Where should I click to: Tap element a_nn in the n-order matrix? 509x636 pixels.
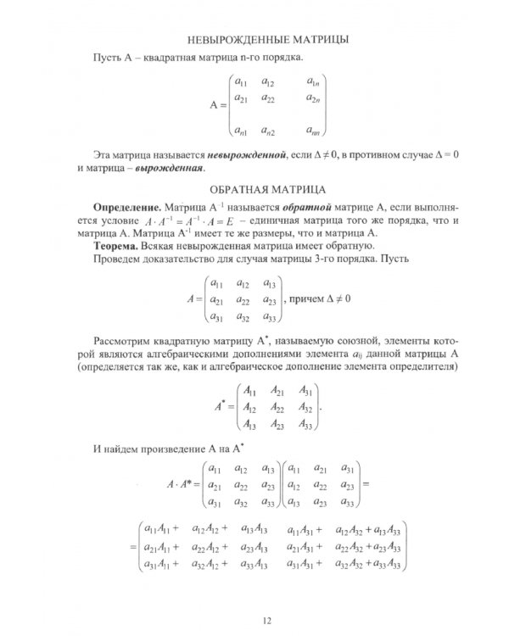[313, 131]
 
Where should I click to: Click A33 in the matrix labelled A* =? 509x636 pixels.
[307, 425]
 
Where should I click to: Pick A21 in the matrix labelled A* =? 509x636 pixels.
[278, 392]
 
